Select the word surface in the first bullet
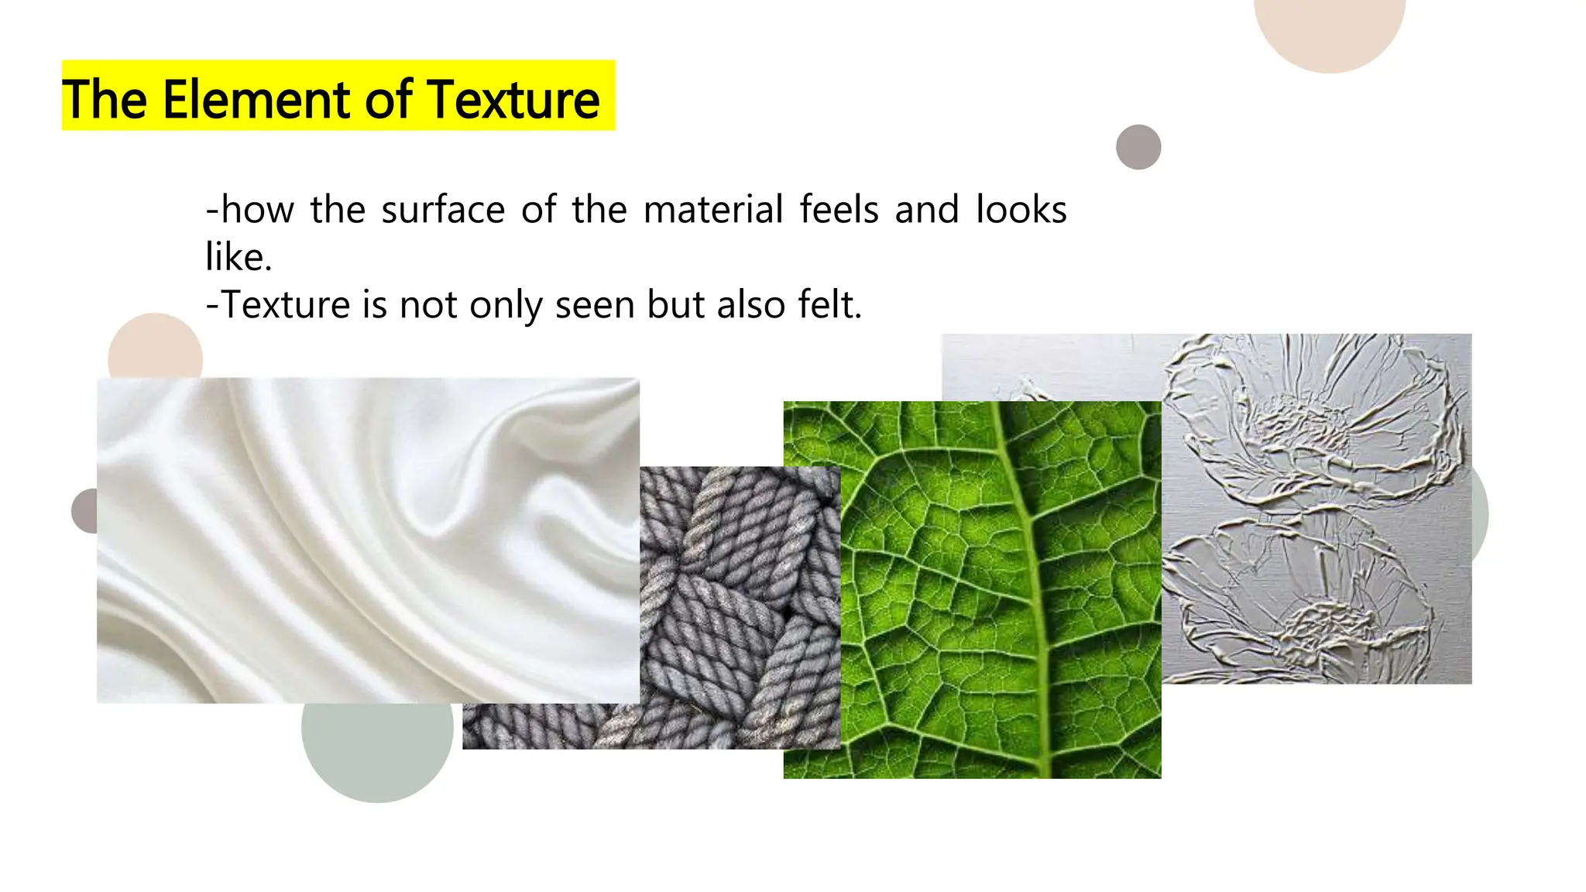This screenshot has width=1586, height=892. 443,210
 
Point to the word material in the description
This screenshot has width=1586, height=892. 713,210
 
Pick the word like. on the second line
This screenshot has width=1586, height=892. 239,257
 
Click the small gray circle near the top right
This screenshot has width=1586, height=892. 1138,147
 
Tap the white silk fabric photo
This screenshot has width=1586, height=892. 368,540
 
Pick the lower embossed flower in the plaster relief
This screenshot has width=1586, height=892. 1309,612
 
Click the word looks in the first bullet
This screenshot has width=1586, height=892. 1021,210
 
